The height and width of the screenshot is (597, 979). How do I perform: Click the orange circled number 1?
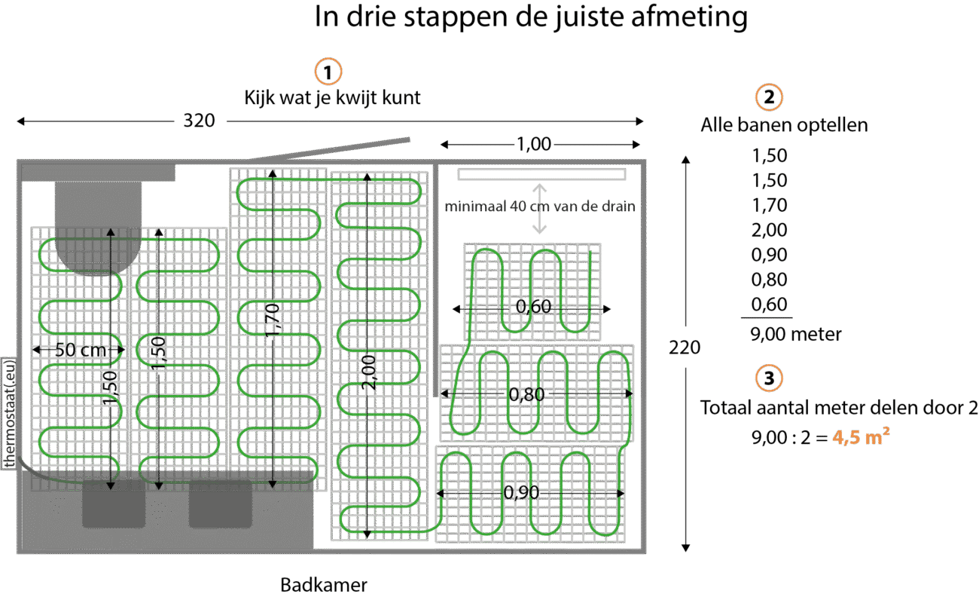pyautogui.click(x=328, y=72)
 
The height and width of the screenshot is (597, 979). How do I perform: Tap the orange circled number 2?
pyautogui.click(x=768, y=98)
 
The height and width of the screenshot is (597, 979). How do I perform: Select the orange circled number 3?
pyautogui.click(x=768, y=378)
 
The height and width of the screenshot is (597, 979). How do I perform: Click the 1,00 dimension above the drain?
pyautogui.click(x=533, y=144)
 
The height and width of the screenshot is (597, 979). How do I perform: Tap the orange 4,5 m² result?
pyautogui.click(x=856, y=436)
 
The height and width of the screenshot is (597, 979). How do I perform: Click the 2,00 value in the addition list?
pyautogui.click(x=769, y=230)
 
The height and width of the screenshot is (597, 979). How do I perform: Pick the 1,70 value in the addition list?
pyautogui.click(x=769, y=205)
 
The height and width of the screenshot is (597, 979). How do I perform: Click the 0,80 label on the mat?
pyautogui.click(x=527, y=393)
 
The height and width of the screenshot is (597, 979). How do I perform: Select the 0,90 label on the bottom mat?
pyautogui.click(x=522, y=492)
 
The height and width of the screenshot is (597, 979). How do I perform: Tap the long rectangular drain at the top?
pyautogui.click(x=541, y=174)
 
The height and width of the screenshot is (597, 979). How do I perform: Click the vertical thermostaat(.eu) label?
pyautogui.click(x=10, y=412)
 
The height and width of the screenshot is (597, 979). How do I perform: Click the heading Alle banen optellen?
pyautogui.click(x=783, y=124)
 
